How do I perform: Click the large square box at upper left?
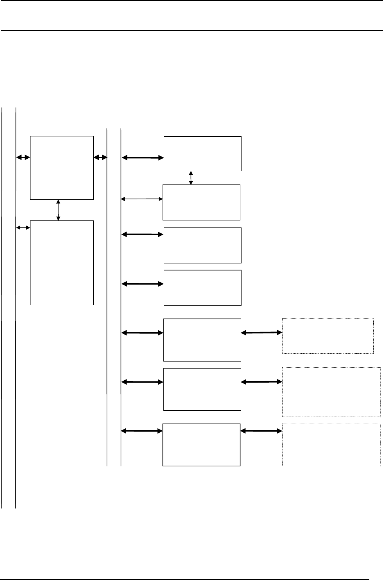(x=62, y=168)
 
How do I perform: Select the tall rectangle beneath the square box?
(x=62, y=262)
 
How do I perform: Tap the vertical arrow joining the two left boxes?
(x=58, y=210)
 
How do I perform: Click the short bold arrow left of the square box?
(x=23, y=157)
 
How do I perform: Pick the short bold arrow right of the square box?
(x=100, y=157)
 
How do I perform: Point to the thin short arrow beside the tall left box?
(x=23, y=227)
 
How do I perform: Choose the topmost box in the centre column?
(x=202, y=153)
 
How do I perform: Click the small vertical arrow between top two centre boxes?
(x=191, y=177)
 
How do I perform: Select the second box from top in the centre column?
(x=201, y=202)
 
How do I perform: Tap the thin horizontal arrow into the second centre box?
(x=142, y=199)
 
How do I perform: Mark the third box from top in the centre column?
(x=202, y=245)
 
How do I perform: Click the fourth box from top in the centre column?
(x=202, y=287)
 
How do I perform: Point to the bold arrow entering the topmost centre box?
(x=143, y=158)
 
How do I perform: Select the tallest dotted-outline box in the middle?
(x=331, y=392)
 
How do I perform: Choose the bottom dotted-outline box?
(x=331, y=444)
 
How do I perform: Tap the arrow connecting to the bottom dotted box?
(x=261, y=431)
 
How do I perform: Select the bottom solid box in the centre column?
(x=201, y=444)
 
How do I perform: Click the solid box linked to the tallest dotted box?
(x=202, y=389)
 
